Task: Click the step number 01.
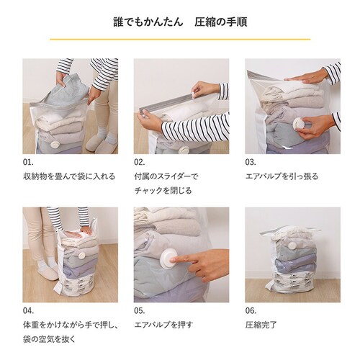28,162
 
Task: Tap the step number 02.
140,162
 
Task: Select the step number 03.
251,162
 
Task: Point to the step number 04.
28,311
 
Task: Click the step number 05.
140,311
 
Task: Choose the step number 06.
251,311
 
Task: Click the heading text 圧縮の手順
221,22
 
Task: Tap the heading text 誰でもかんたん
148,22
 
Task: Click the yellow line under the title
180,39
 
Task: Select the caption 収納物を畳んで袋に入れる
69,176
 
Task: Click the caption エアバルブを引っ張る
282,176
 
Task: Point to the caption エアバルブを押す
163,325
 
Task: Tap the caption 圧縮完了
261,325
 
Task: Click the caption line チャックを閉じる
163,191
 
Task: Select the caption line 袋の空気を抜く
50,339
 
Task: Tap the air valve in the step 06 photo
292,246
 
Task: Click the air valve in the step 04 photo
83,255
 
